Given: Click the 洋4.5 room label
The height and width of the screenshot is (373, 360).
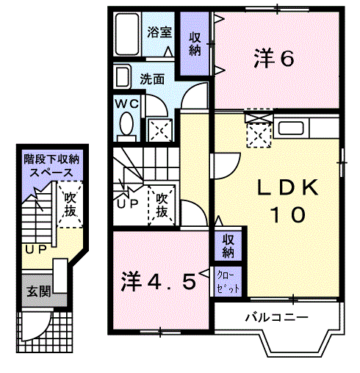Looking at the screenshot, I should click(x=158, y=280).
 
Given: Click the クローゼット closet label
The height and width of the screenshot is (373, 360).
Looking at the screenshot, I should click(x=228, y=281).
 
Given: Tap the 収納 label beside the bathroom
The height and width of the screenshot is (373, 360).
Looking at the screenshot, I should click(x=195, y=43).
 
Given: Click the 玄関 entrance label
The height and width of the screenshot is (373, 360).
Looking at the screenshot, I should click(x=40, y=291).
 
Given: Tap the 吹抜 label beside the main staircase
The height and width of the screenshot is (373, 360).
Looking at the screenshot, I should click(x=162, y=205).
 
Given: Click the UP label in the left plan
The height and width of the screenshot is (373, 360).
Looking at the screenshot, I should click(x=35, y=250).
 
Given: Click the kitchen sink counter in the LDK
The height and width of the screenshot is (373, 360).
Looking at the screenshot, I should click(x=303, y=130).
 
